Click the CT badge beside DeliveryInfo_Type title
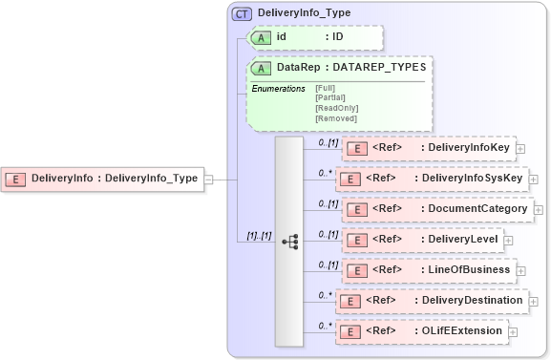pos(243,13)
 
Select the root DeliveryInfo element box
pos(103,179)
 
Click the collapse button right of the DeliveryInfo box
pos(208,179)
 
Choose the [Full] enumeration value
pos(325,88)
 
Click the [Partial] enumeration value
pos(329,97)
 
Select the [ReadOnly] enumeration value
pos(332,108)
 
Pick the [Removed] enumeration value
pos(330,117)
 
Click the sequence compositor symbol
pos(289,241)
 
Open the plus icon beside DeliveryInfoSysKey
pos(532,179)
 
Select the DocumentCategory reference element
pos(435,209)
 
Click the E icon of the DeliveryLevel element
pos(355,240)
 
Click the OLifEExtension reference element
pos(420,331)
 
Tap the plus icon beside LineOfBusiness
pos(520,271)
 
